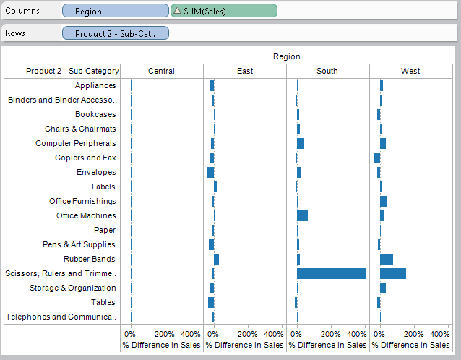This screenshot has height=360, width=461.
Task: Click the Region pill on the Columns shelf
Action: [x=115, y=11]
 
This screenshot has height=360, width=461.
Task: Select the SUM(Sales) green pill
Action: [x=224, y=11]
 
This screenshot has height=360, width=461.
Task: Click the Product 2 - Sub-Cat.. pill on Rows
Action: [x=115, y=33]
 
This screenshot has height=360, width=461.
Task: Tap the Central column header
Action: [x=161, y=71]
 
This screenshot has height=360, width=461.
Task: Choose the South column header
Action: [x=327, y=71]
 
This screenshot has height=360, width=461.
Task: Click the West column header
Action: [x=410, y=71]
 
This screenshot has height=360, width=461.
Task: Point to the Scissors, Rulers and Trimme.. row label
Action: [x=61, y=273]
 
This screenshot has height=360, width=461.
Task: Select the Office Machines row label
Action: [x=86, y=215]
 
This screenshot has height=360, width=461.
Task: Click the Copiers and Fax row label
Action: [x=85, y=158]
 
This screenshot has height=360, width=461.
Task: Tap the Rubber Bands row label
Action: [x=90, y=259]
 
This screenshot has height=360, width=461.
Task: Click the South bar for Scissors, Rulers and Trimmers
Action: [x=331, y=273]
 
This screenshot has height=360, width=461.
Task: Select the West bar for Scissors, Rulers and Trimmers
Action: [x=392, y=273]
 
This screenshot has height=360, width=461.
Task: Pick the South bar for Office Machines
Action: [x=302, y=215]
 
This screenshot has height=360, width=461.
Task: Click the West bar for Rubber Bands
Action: [x=387, y=259]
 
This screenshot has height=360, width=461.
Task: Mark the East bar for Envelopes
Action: [x=210, y=172]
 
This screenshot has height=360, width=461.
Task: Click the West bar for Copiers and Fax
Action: [x=376, y=158]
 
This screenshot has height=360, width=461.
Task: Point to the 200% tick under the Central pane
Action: [x=164, y=335]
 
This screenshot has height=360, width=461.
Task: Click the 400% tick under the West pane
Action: [x=439, y=335]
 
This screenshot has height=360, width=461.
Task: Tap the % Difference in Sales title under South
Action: [x=327, y=346]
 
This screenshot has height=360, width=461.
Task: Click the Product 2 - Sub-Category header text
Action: [x=72, y=71]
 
